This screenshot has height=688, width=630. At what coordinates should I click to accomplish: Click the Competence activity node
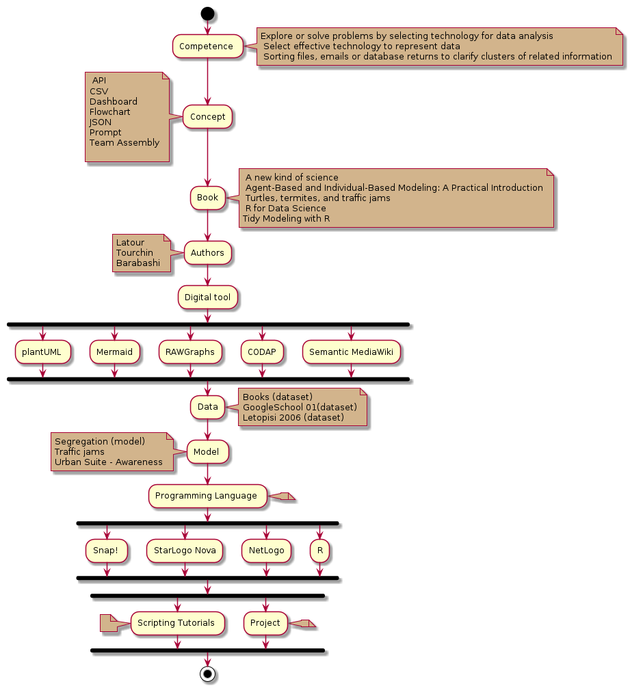click(x=207, y=47)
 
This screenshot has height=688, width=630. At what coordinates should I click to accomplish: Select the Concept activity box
click(x=207, y=117)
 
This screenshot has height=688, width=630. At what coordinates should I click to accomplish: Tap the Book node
click(x=207, y=198)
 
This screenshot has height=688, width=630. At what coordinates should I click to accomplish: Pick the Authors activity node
click(x=207, y=253)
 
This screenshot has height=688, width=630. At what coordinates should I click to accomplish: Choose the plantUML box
click(x=41, y=352)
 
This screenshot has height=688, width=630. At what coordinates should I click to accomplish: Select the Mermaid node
click(x=114, y=352)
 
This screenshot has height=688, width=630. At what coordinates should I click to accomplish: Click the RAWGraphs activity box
click(x=190, y=352)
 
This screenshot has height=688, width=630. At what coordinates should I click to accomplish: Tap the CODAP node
click(x=262, y=352)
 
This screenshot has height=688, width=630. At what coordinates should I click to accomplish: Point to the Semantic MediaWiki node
click(x=351, y=352)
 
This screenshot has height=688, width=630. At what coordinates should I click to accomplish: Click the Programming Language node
click(x=207, y=496)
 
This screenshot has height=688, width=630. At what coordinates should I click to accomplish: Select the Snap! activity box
click(x=107, y=550)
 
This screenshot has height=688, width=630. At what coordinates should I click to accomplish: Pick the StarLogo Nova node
click(x=185, y=550)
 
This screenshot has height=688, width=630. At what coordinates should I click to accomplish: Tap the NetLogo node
click(x=267, y=550)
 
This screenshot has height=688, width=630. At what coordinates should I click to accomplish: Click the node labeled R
click(x=319, y=550)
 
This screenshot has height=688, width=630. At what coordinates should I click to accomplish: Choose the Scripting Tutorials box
click(x=177, y=623)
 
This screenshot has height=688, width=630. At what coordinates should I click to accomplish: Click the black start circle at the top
click(x=207, y=14)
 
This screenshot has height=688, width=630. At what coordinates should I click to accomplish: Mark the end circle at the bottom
click(x=207, y=674)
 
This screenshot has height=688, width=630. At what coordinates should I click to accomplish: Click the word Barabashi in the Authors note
click(x=138, y=263)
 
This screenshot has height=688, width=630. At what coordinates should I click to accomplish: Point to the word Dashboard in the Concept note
click(x=114, y=101)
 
